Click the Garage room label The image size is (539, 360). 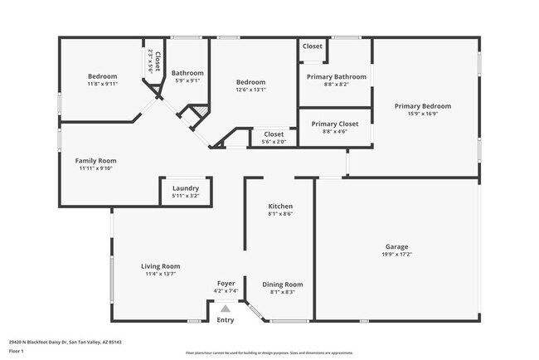pyautogui.click(x=396, y=246)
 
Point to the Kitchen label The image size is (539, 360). pyautogui.click(x=279, y=206)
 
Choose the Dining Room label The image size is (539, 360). pyautogui.click(x=282, y=285)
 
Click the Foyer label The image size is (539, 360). pyautogui.click(x=226, y=284)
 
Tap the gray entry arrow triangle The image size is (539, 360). pyautogui.click(x=225, y=307)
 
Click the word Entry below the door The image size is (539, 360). pyautogui.click(x=225, y=320)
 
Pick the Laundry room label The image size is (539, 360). pyautogui.click(x=185, y=188)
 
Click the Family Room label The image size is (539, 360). pyautogui.click(x=95, y=161)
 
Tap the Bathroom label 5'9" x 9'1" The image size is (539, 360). pyautogui.click(x=187, y=73)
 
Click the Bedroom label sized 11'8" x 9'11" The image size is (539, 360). pyautogui.click(x=102, y=76)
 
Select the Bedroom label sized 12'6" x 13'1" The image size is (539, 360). pyautogui.click(x=250, y=82)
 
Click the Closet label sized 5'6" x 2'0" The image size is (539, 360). pyautogui.click(x=273, y=134)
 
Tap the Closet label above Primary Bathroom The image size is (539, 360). pyautogui.click(x=313, y=46)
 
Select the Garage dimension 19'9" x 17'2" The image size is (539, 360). pyautogui.click(x=396, y=254)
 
